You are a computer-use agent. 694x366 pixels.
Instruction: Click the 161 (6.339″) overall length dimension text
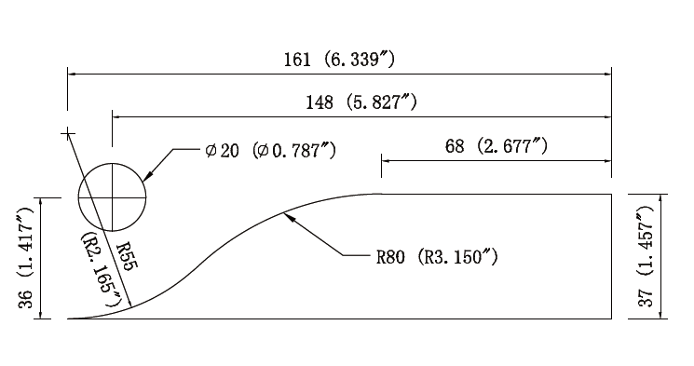pyautogui.click(x=338, y=60)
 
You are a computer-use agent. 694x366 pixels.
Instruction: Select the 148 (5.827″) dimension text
pyautogui.click(x=361, y=102)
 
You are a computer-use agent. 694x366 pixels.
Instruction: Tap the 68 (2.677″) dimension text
pyautogui.click(x=497, y=145)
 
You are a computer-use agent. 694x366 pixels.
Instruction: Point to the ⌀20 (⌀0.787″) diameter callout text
pyautogui.click(x=271, y=151)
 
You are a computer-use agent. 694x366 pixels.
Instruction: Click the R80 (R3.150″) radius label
pyautogui.click(x=437, y=257)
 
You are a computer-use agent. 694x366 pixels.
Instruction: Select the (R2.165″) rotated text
pyautogui.click(x=102, y=270)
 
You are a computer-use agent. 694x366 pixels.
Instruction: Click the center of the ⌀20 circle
pyautogui.click(x=113, y=197)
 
